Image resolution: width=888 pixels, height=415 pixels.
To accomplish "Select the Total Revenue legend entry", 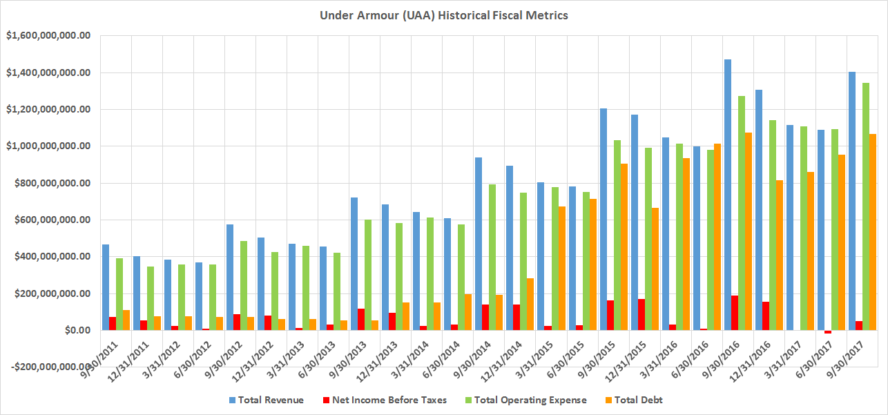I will pos(270,400).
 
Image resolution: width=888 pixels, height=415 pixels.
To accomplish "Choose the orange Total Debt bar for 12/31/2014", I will pos(530,304).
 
